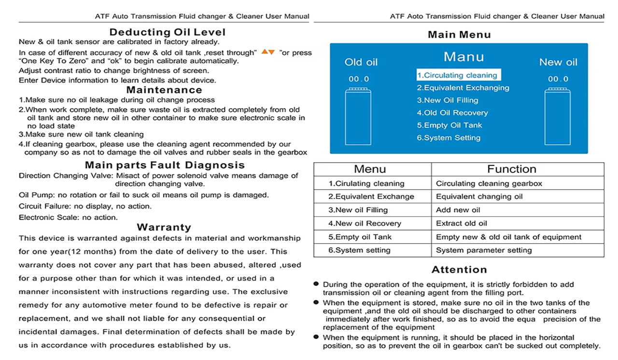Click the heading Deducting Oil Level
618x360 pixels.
[167, 32]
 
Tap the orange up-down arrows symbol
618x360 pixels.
[268, 52]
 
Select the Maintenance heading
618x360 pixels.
[164, 90]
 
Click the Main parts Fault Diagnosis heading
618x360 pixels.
[165, 165]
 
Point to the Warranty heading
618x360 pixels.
[164, 227]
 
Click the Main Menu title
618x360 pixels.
[459, 35]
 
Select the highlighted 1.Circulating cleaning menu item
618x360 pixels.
[458, 75]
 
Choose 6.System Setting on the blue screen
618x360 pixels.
[449, 138]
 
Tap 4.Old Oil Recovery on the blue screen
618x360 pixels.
[452, 113]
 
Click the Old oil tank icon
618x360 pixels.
[358, 116]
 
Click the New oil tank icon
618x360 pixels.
[557, 116]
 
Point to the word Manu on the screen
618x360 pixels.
[463, 57]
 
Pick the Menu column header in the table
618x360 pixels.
[370, 169]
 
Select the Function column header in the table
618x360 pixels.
[511, 169]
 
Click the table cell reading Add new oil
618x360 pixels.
[458, 210]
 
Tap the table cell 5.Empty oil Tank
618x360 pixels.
[360, 237]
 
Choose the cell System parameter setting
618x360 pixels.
[484, 250]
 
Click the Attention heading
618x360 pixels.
[459, 270]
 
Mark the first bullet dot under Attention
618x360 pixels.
[316, 284]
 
